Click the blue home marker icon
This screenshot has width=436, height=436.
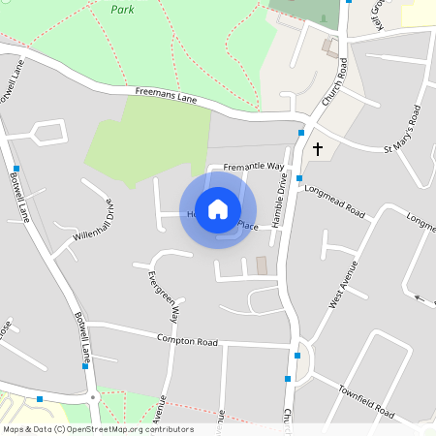click(x=218, y=209)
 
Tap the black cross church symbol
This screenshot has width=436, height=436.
click(x=317, y=149)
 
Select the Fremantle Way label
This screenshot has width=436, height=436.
click(x=254, y=168)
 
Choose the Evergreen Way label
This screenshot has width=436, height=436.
click(x=163, y=296)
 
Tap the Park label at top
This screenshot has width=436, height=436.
click(x=121, y=9)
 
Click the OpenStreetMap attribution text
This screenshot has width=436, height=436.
click(x=97, y=429)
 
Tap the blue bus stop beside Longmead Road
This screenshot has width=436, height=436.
click(x=299, y=178)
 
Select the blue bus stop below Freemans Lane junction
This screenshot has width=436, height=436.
click(x=301, y=132)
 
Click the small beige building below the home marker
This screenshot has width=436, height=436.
click(x=261, y=265)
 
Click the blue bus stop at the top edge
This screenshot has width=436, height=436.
click(x=348, y=2)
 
